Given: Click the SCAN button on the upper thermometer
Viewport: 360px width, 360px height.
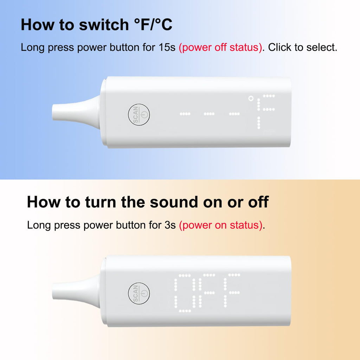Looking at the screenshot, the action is [x=139, y=115].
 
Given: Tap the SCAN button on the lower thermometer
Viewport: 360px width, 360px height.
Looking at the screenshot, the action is [x=139, y=294].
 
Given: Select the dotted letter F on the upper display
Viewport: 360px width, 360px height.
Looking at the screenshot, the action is [x=266, y=111].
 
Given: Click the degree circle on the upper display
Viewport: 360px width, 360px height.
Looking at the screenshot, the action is [x=251, y=98].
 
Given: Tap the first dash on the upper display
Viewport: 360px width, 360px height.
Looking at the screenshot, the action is [x=185, y=114].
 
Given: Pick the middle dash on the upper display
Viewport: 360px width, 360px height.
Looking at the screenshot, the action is [x=209, y=114].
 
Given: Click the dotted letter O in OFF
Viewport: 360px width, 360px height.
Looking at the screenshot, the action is [x=185, y=293].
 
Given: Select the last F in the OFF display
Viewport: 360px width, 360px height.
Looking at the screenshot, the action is [x=232, y=290].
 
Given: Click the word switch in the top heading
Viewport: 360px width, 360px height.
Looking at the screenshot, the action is [x=104, y=25].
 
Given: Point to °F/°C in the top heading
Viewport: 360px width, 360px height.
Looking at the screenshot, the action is [x=153, y=25].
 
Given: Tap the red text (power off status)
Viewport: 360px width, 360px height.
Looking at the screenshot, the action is [x=220, y=47].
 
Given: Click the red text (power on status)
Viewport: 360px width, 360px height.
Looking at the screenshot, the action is [x=221, y=225].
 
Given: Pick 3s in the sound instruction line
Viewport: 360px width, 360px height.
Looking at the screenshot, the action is [x=170, y=225].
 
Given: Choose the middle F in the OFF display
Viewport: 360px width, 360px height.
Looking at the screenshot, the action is [x=207, y=290].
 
